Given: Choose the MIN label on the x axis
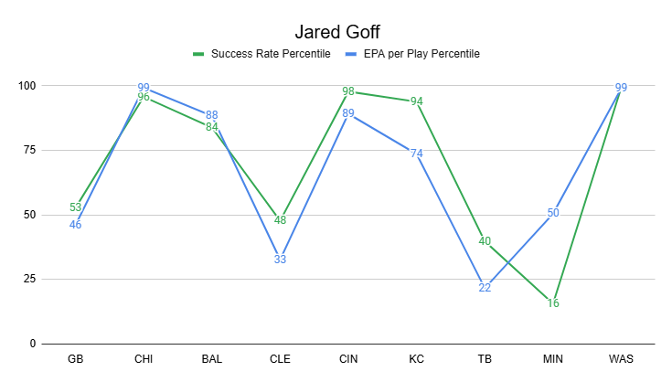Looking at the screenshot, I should click(x=553, y=360).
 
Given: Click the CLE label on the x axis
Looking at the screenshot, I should click(x=281, y=360).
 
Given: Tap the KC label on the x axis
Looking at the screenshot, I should click(x=417, y=360).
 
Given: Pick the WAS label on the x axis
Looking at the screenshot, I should click(x=622, y=360).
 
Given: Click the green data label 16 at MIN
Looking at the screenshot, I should click(x=553, y=303).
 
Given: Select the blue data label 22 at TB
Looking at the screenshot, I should click(x=485, y=288).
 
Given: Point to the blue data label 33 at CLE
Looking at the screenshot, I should click(x=281, y=260).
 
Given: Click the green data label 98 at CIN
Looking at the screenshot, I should click(x=348, y=91).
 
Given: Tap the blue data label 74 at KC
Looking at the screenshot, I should click(x=417, y=154).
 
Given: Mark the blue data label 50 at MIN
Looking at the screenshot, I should click(x=553, y=214).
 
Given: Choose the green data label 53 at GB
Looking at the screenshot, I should click(x=76, y=207).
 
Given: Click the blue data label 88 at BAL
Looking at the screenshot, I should click(x=212, y=116).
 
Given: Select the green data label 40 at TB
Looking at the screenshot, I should click(x=485, y=241).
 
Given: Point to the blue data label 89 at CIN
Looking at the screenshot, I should click(x=348, y=114).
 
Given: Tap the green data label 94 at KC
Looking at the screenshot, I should click(x=417, y=101).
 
